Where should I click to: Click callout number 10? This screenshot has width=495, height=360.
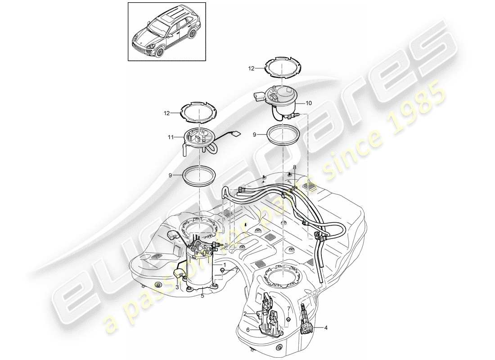tap(308, 103)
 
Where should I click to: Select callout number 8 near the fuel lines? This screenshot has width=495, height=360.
tap(295, 167)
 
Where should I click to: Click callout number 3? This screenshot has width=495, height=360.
tap(177, 287)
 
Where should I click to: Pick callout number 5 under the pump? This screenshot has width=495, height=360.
tap(202, 296)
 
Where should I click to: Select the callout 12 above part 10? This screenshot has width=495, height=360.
tap(251, 68)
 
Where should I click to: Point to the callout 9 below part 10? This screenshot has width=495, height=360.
tap(256, 134)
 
